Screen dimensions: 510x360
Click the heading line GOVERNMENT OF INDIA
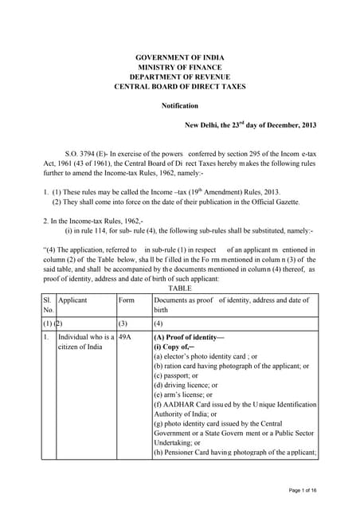pos(179,58)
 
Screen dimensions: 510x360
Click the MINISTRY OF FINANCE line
pos(179,68)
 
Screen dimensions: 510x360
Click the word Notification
pos(179,105)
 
